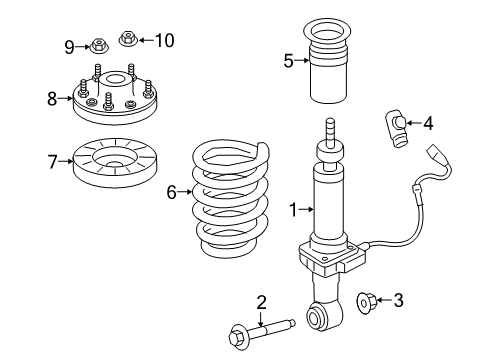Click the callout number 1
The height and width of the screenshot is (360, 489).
(x=293, y=210)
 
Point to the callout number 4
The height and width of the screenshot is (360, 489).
(x=429, y=124)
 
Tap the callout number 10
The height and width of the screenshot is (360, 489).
(x=164, y=40)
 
